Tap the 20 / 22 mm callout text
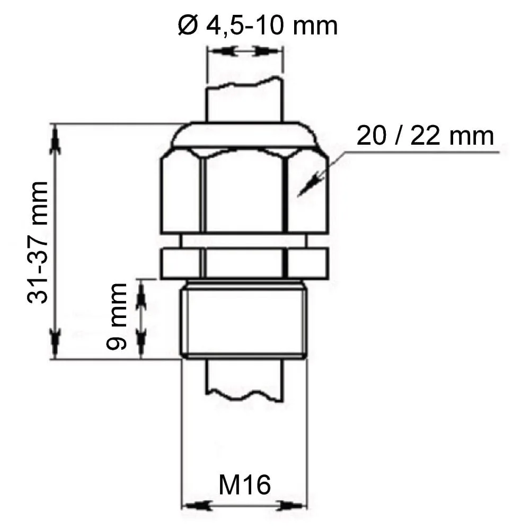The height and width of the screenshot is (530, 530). (x=425, y=136)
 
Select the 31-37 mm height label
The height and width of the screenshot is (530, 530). (x=38, y=242)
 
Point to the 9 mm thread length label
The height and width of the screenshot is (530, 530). (x=116, y=316)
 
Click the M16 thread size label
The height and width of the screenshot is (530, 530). (x=245, y=485)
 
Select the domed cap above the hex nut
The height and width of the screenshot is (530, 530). (x=244, y=135)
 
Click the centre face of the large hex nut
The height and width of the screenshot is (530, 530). (x=244, y=191)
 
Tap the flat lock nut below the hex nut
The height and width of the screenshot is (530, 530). (x=244, y=263)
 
